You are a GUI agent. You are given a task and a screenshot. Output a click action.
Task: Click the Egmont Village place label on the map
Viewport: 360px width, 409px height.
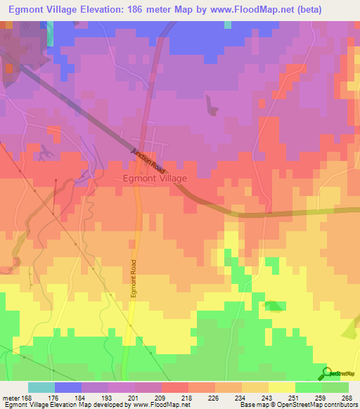pyautogui.click(x=155, y=178)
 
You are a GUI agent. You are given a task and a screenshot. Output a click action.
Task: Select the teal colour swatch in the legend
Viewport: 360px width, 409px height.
pyautogui.click(x=41, y=387)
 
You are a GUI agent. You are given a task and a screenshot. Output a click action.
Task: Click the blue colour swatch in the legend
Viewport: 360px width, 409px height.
pyautogui.click(x=68, y=387)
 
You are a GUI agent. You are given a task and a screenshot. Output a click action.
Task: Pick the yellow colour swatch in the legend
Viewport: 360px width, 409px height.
pyautogui.click(x=282, y=387)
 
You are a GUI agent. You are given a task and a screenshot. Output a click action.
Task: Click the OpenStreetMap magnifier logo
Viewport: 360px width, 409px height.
pyautogui.click(x=326, y=373)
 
